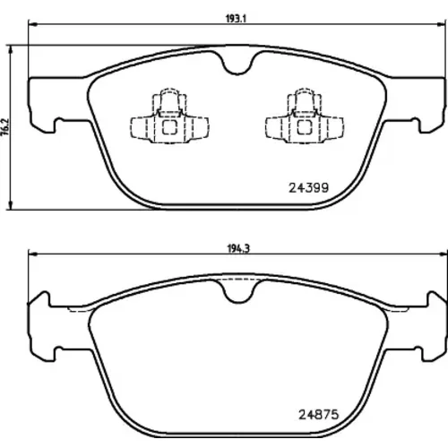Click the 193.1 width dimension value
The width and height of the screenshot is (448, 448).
(236, 19)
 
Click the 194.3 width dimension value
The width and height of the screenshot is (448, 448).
(238, 248)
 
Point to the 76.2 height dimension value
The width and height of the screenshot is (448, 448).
(6, 127)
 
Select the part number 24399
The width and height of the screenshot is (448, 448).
(308, 187)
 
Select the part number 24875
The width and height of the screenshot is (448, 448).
(319, 415)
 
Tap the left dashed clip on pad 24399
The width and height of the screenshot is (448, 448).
(169, 116)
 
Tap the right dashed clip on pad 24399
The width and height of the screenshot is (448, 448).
(305, 116)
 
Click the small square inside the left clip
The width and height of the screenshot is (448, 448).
(169, 127)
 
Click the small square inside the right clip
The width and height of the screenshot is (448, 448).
(305, 127)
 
